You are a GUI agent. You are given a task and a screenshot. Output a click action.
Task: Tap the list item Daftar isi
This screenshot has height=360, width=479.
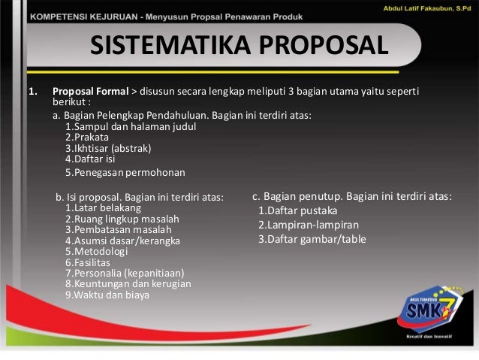click(x=92, y=159)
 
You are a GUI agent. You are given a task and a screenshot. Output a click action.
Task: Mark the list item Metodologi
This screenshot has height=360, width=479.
click(x=99, y=252)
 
